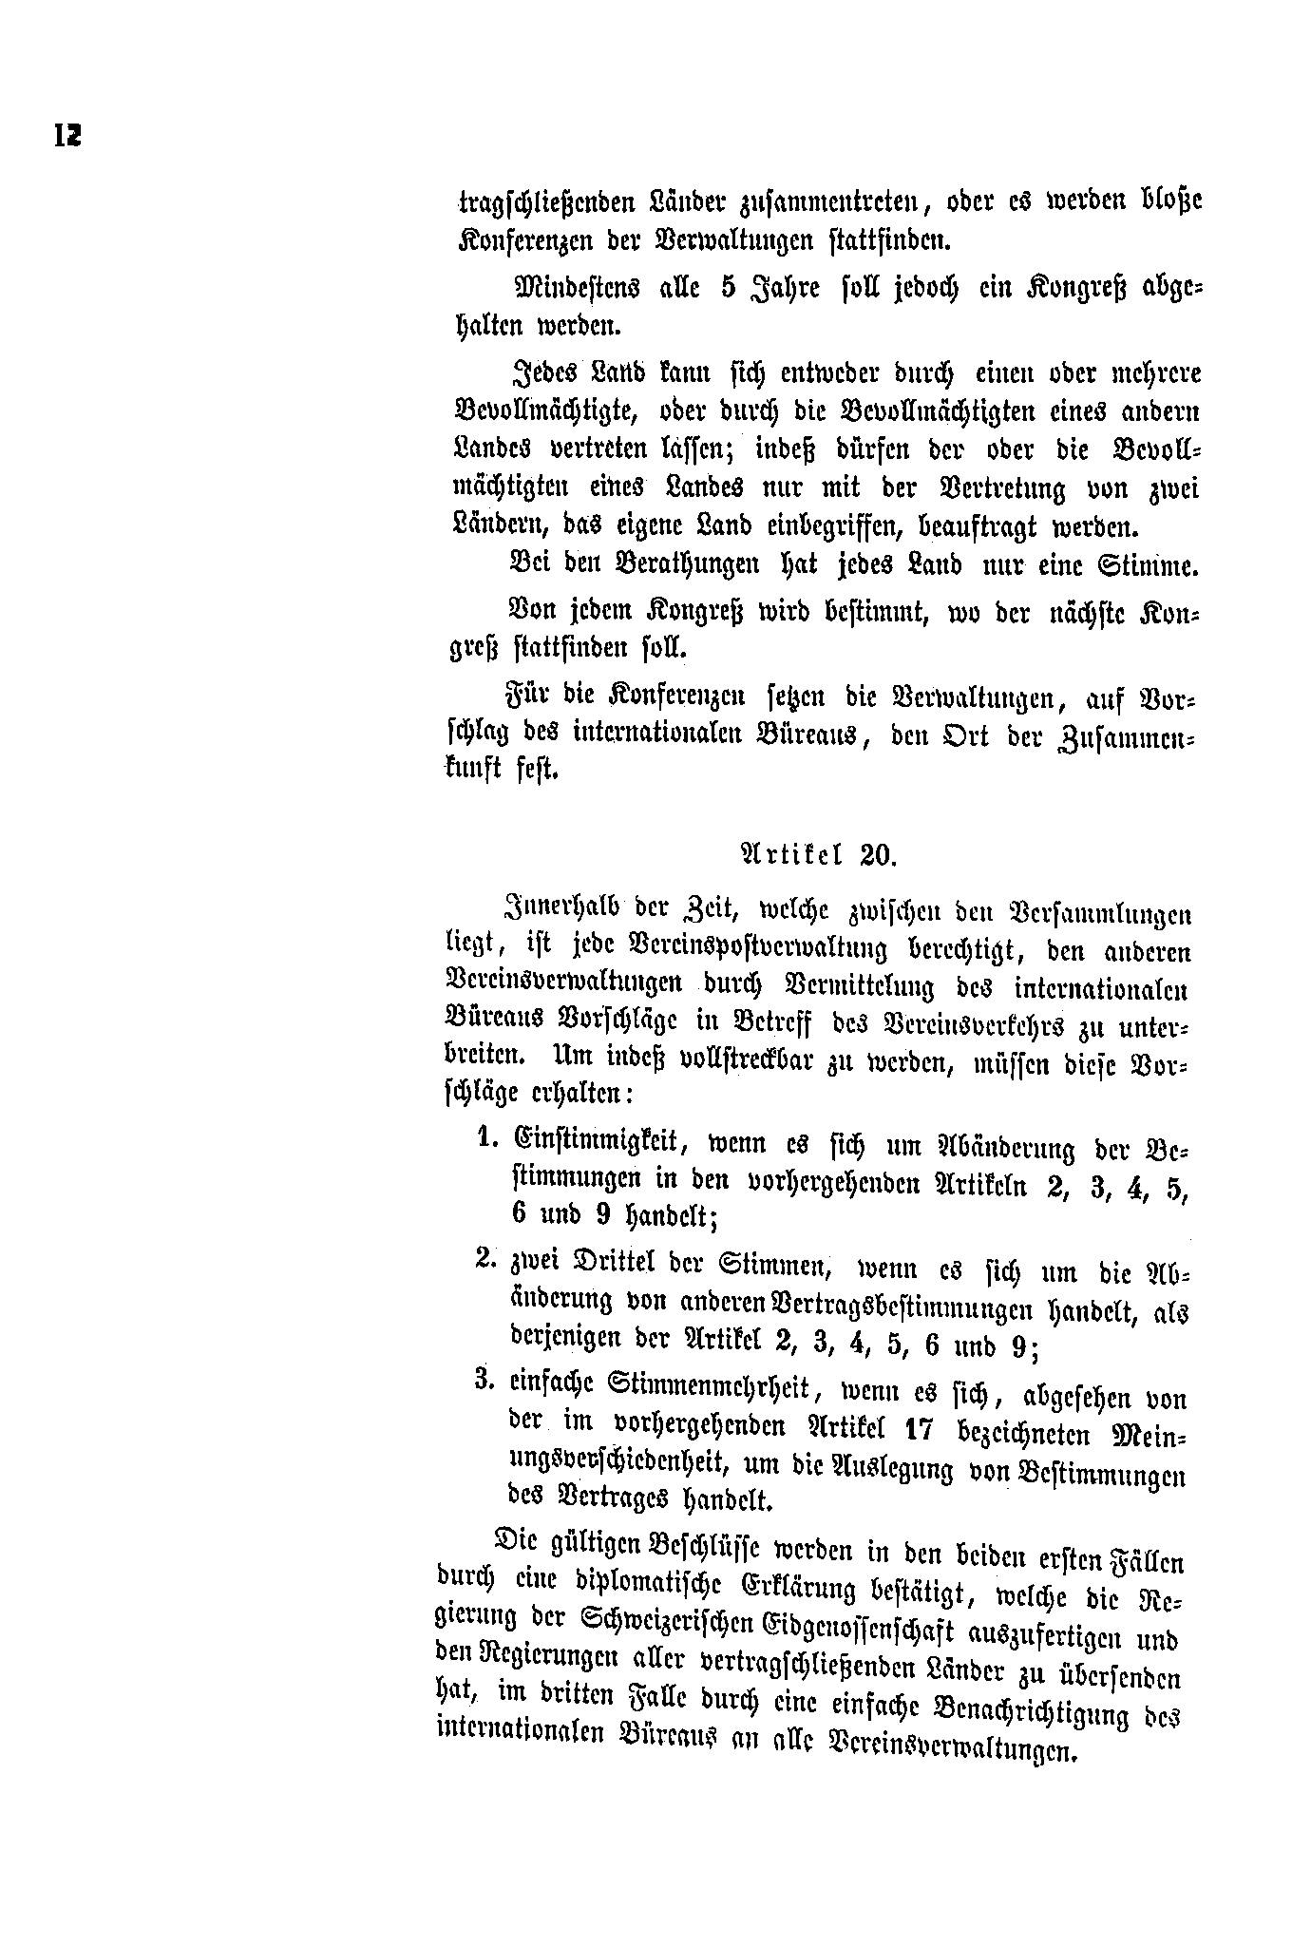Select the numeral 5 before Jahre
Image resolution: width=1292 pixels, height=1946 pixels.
pos(728,287)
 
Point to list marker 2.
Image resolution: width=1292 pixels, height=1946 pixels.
pos(484,1260)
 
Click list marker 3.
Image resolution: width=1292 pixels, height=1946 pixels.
pos(484,1380)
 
